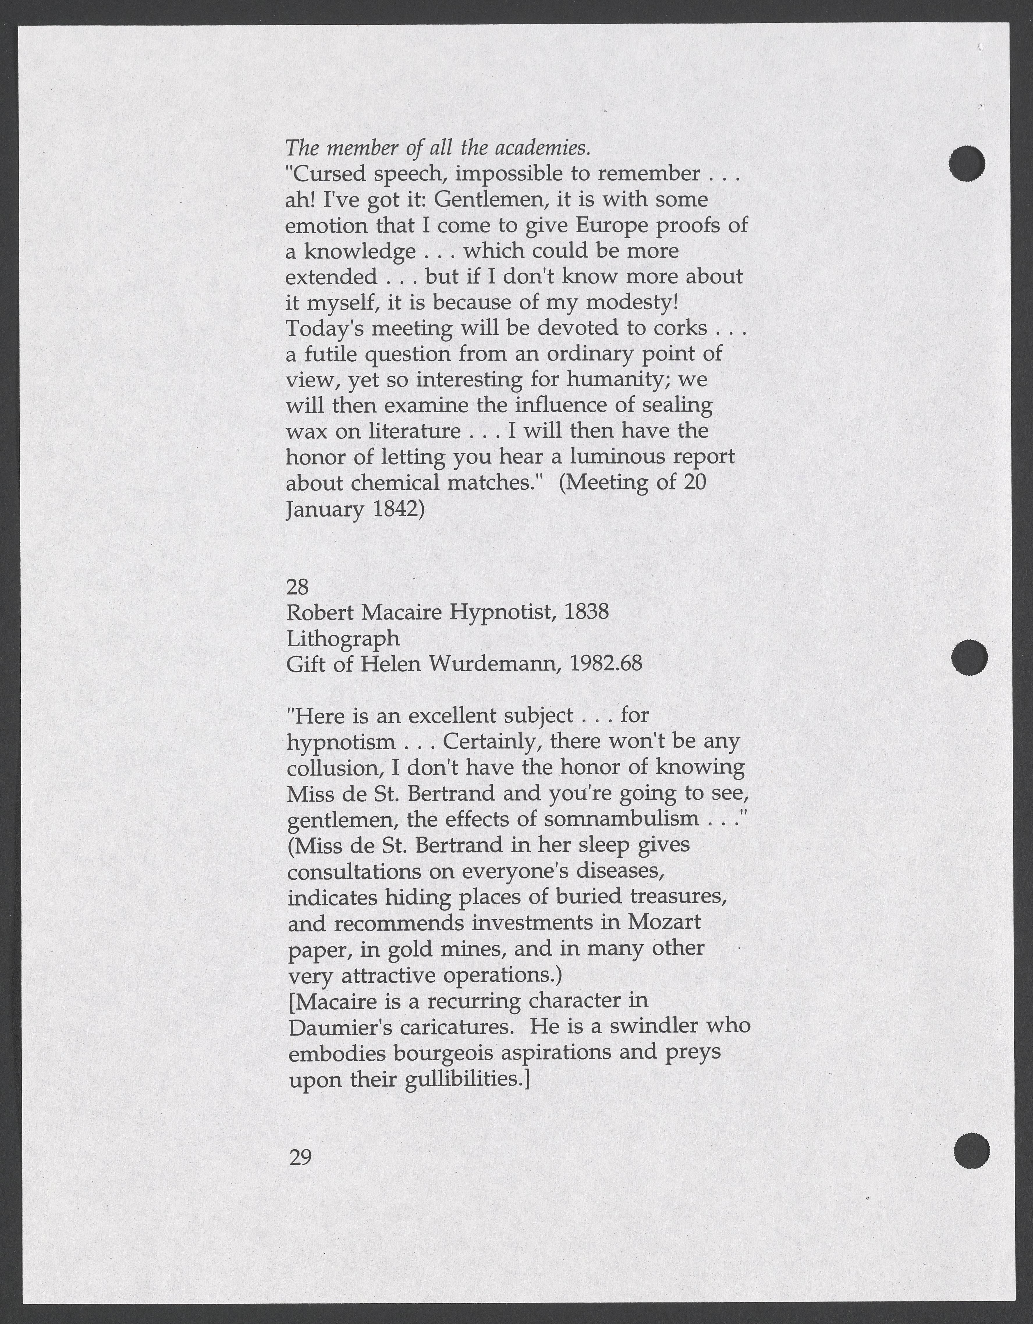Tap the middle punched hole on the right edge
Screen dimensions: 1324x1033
[969, 657]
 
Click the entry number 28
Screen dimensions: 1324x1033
[297, 587]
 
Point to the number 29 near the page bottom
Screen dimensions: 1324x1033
[301, 1157]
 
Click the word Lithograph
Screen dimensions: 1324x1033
[342, 638]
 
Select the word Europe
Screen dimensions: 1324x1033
[613, 226]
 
